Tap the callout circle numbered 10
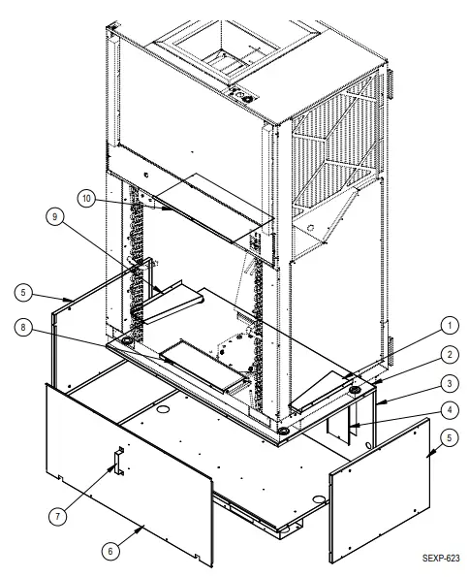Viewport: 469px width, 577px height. click(x=86, y=198)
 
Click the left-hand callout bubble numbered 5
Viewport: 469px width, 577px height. click(x=26, y=291)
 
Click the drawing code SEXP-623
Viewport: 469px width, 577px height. click(x=439, y=560)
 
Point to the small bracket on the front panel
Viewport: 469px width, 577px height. click(x=115, y=461)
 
